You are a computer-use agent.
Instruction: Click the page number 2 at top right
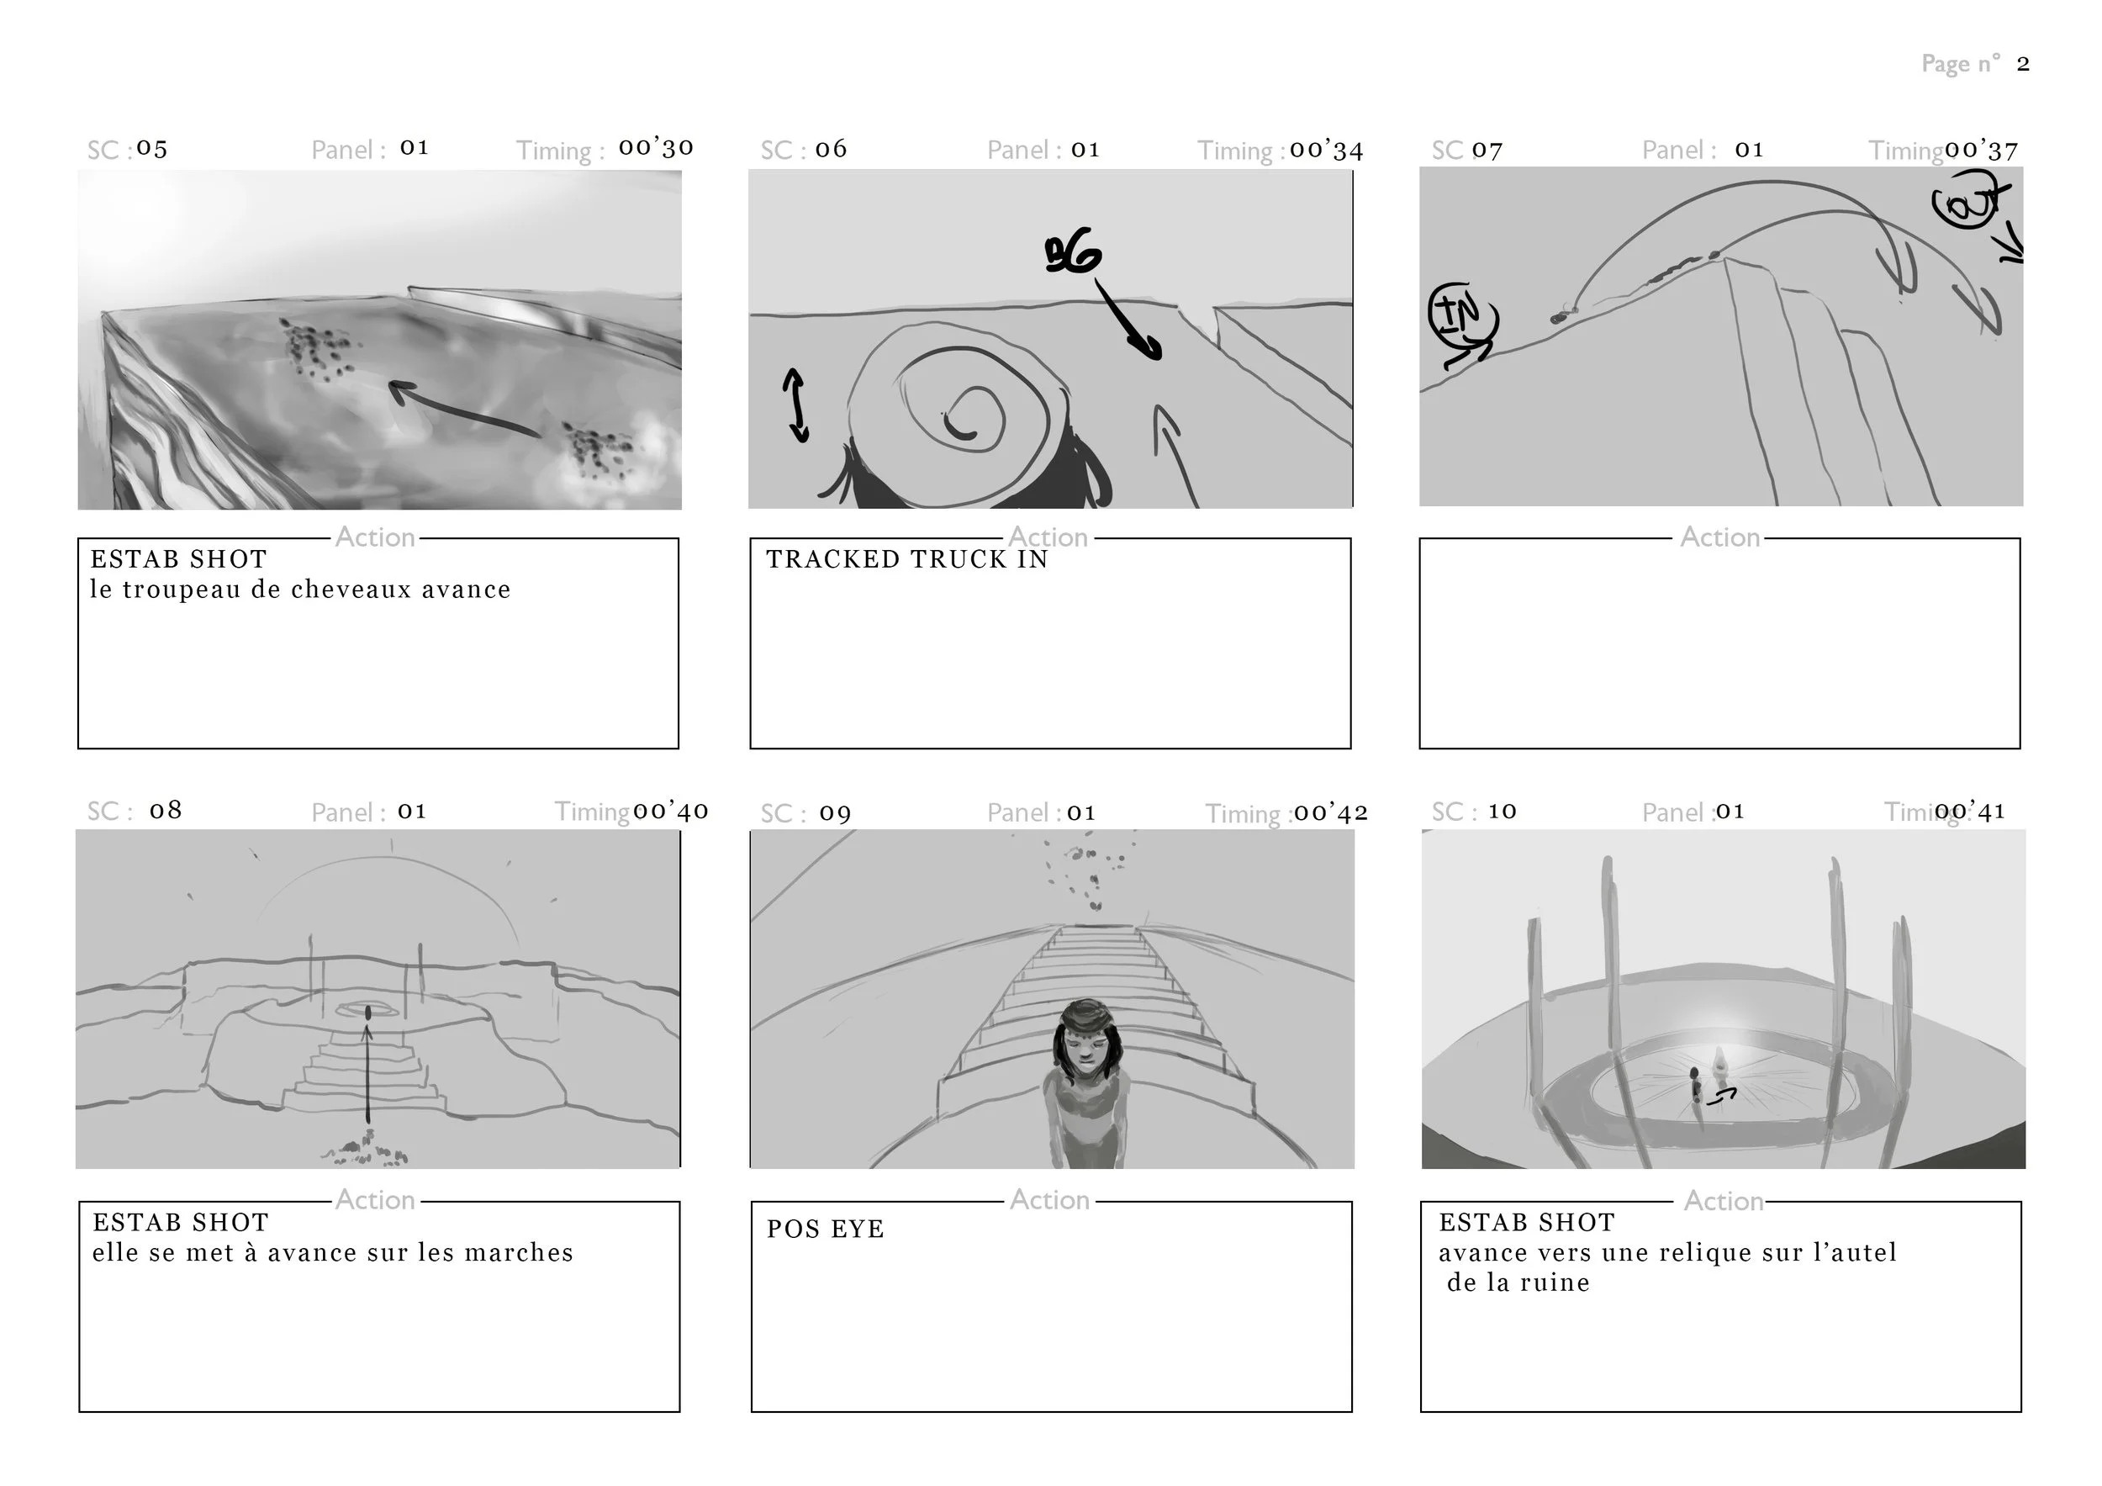2022,64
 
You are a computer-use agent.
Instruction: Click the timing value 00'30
656,147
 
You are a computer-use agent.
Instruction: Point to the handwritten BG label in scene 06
1072,252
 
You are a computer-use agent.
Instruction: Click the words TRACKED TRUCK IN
906,559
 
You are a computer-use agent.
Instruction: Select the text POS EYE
825,1229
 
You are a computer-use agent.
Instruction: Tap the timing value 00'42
1330,812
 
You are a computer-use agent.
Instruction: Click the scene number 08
166,811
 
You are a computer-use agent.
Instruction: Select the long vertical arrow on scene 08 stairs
368,1071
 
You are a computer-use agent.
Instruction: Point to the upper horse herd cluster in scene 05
316,348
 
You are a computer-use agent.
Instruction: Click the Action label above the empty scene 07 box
1719,537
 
